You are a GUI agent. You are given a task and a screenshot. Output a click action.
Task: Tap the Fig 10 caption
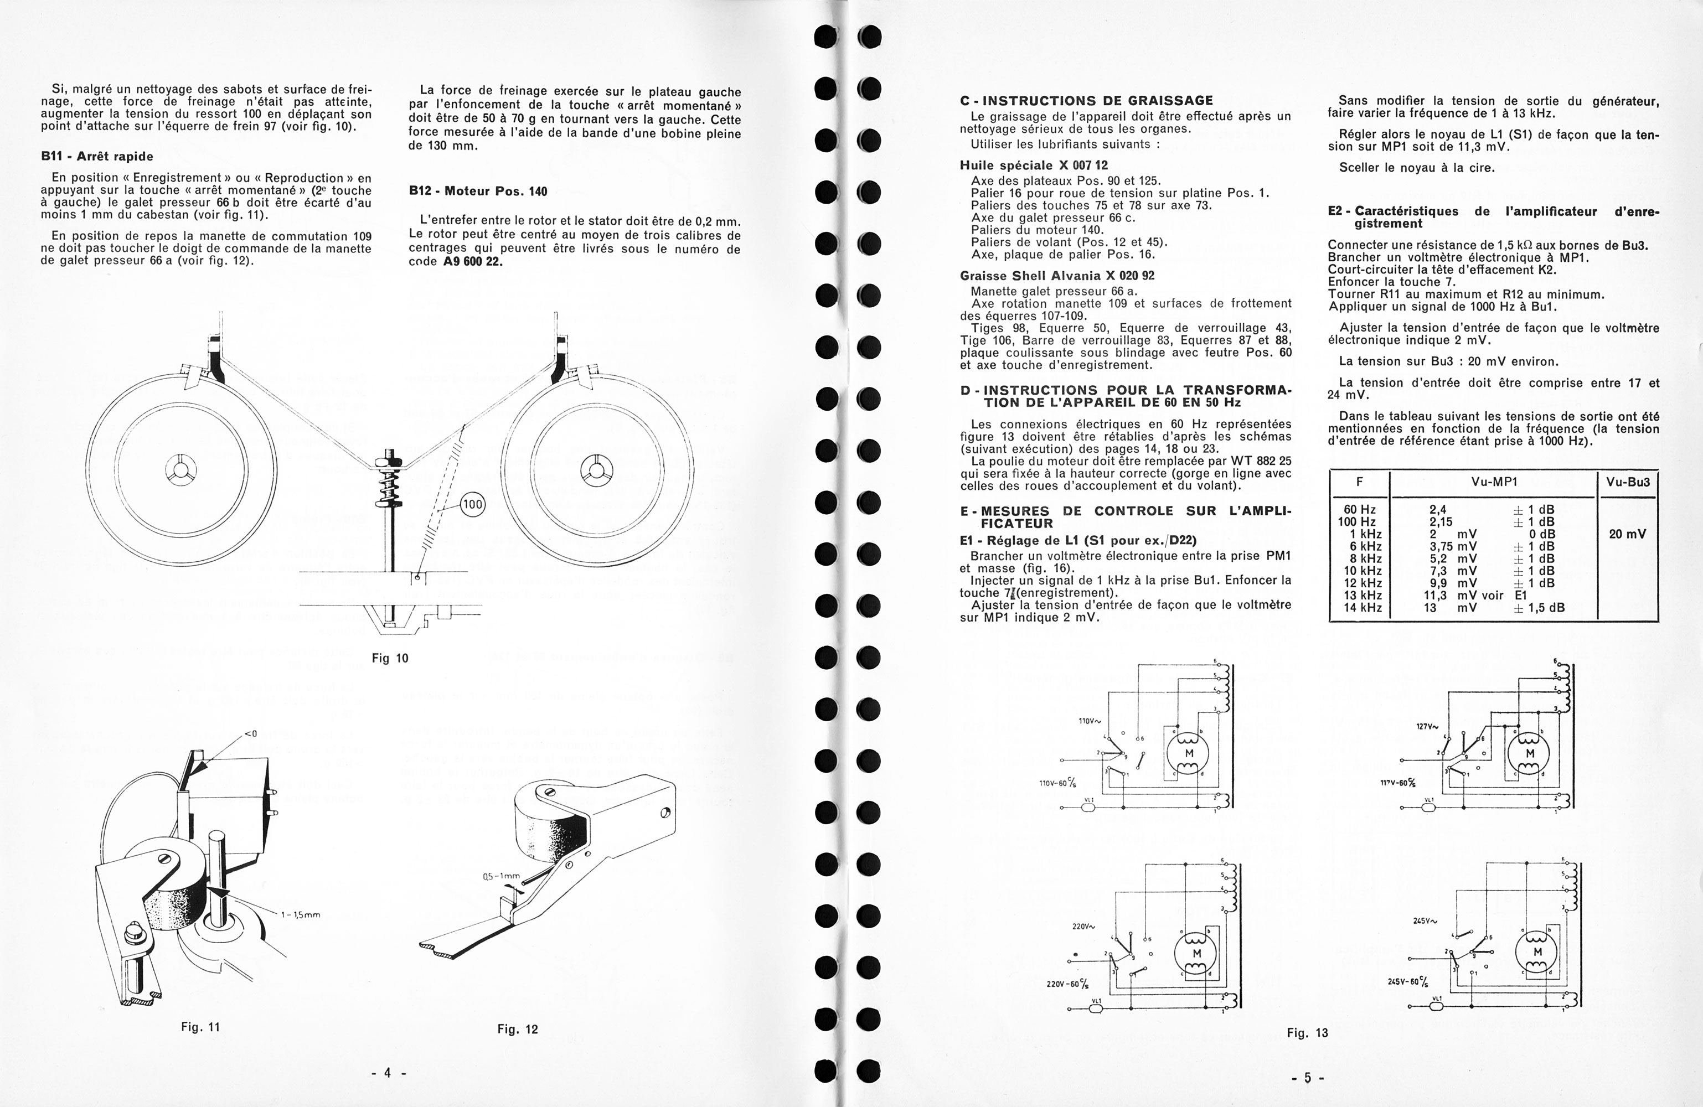point(390,658)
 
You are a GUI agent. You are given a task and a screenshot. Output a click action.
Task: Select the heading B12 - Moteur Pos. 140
point(477,191)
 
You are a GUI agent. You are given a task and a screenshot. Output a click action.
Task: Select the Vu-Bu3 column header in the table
point(1628,482)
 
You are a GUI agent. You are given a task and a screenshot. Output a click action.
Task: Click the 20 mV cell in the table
point(1627,534)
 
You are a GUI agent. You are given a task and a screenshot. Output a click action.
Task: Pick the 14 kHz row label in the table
point(1363,608)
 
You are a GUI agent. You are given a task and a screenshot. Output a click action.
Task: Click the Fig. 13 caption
point(1307,1033)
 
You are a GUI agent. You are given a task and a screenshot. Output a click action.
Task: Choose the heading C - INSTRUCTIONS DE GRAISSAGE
point(1086,101)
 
